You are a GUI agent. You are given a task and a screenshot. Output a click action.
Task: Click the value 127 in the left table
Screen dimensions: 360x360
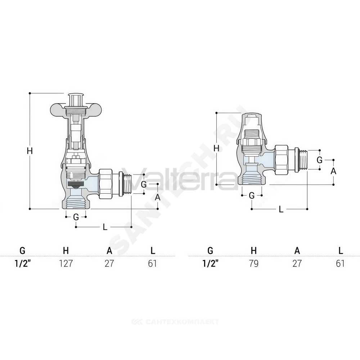pos(66,264)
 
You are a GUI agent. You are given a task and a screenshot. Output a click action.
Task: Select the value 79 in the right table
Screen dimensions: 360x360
pos(254,264)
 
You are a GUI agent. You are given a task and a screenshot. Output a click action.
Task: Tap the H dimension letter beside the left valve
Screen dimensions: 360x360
pos(30,151)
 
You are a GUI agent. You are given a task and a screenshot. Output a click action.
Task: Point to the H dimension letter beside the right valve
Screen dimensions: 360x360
pos(216,149)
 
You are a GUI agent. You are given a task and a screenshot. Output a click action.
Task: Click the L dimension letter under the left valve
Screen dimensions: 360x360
pos(105,227)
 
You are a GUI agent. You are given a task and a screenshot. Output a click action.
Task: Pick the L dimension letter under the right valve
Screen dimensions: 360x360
pos(281,209)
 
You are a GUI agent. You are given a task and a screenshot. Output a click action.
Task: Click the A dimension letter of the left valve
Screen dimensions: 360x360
pos(158,197)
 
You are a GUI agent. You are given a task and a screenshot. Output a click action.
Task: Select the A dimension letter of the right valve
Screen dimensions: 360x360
pos(333,171)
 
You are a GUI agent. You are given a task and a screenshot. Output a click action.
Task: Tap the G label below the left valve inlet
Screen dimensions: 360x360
pos(76,217)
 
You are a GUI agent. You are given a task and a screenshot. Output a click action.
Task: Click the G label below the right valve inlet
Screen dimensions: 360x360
pos(252,195)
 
